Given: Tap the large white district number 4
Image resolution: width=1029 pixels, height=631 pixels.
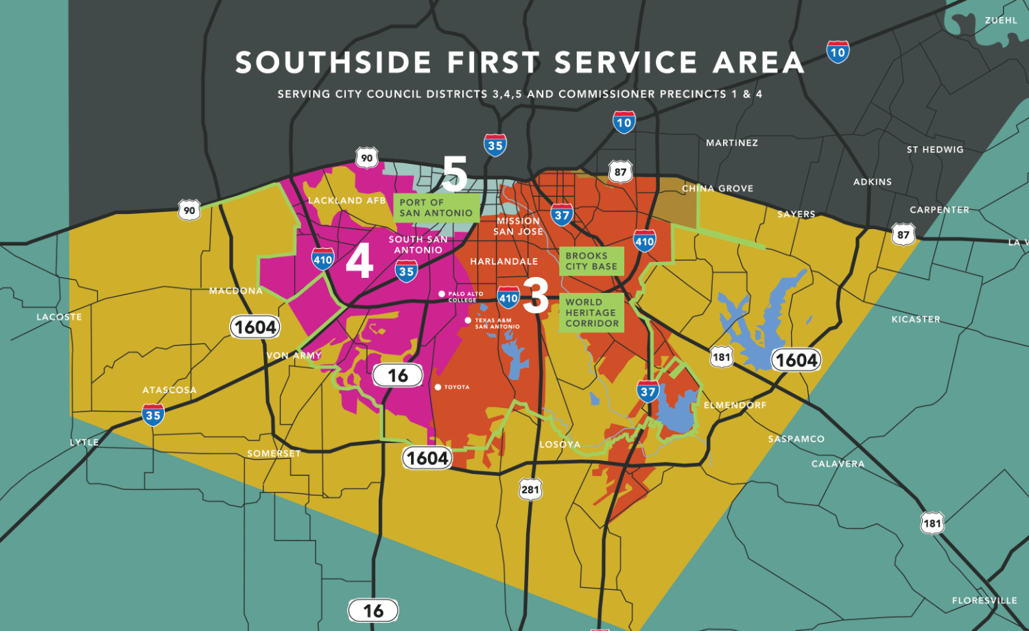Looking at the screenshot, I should (x=359, y=261).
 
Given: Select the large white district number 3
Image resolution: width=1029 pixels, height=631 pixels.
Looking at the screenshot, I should (x=536, y=296).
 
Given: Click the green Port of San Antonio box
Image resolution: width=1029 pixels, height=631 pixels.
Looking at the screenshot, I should (x=436, y=208).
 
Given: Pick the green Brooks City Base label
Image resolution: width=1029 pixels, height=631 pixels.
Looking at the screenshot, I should (x=591, y=261).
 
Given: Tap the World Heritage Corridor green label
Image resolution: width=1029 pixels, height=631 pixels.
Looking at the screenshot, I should (x=591, y=313).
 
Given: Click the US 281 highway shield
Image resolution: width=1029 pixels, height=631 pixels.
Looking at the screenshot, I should (x=530, y=490).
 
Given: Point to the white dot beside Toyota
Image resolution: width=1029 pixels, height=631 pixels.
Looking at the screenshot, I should (x=438, y=388).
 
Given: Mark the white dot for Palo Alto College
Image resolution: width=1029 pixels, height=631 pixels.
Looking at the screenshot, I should (x=442, y=294).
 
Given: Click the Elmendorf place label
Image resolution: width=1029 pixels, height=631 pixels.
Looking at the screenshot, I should (x=735, y=405).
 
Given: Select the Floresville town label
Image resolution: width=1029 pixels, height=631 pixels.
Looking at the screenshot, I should (x=984, y=601).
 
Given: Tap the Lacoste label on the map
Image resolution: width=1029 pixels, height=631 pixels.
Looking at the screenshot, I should (x=59, y=318).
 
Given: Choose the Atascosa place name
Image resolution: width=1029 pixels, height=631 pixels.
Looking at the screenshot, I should (x=169, y=390).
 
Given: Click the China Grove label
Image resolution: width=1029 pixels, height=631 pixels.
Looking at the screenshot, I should (x=718, y=189).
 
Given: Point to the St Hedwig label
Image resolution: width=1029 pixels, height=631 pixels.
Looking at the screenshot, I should (x=934, y=150).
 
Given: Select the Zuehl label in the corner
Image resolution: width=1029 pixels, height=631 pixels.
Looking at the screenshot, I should (x=1001, y=21).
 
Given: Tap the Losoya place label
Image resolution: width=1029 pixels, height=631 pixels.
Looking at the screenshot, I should (x=560, y=444).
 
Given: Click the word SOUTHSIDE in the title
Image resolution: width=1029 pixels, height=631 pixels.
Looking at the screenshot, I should (x=333, y=63).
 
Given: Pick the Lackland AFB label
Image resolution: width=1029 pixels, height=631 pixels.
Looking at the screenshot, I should (x=346, y=201).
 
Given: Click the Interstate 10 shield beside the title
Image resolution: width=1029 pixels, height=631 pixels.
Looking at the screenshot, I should (x=838, y=52).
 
